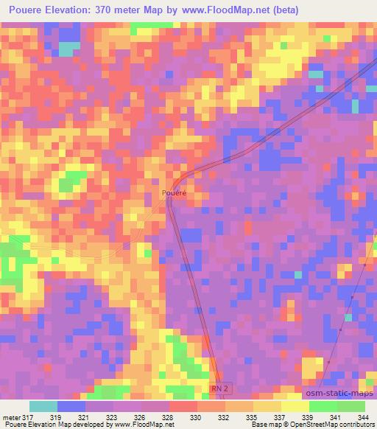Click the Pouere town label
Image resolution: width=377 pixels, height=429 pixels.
pyautogui.click(x=174, y=193)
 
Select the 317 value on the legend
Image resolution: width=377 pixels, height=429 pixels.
pyautogui.click(x=28, y=418)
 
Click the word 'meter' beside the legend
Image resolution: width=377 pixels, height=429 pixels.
pyautogui.click(x=10, y=418)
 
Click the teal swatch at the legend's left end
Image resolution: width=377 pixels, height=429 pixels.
pyautogui.click(x=43, y=406)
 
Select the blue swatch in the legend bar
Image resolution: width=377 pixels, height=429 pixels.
pyautogui.click(x=71, y=406)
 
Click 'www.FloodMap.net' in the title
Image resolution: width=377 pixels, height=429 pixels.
pyautogui.click(x=224, y=11)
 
